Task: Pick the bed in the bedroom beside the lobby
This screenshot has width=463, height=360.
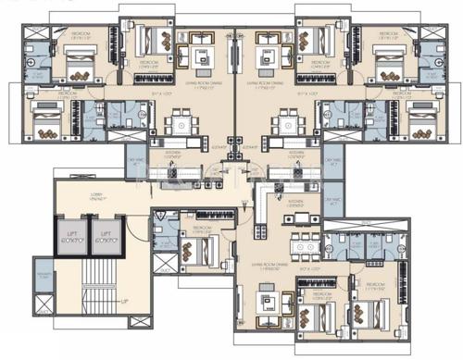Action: point(197,250)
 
